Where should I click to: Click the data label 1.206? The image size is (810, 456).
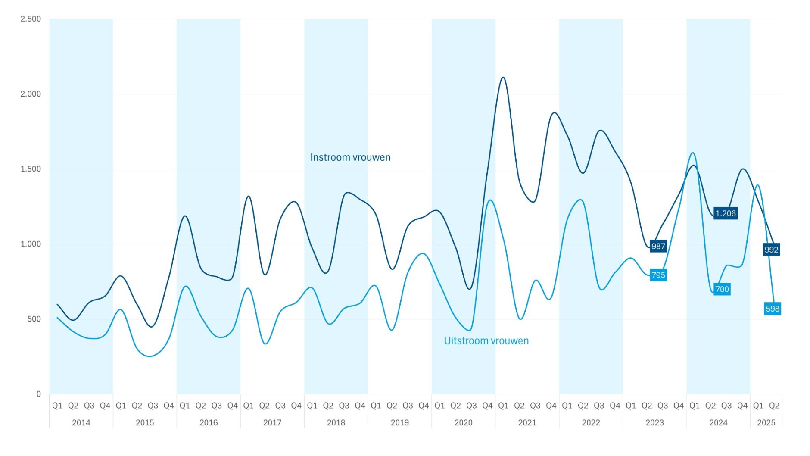click(x=726, y=213)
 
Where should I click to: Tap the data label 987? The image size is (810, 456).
click(x=658, y=246)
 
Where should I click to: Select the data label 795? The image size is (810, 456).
click(x=658, y=275)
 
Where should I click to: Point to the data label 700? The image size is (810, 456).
click(x=722, y=289)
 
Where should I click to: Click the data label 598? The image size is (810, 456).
click(x=773, y=309)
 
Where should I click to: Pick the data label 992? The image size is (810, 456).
click(x=771, y=250)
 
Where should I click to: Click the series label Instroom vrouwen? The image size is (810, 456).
click(x=350, y=157)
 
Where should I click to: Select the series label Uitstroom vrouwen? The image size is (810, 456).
click(x=486, y=341)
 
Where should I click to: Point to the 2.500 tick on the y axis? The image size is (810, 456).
click(x=31, y=19)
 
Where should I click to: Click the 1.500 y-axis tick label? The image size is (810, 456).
click(x=31, y=169)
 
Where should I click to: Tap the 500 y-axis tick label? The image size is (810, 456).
click(x=34, y=319)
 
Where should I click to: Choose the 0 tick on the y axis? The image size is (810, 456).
click(x=39, y=394)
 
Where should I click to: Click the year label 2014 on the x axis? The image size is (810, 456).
click(x=81, y=423)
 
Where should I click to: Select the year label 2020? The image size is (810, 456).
click(x=463, y=423)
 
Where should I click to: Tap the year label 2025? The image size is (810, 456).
click(x=766, y=423)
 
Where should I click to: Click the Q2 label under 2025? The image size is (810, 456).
click(x=774, y=406)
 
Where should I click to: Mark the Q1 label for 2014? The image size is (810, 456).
click(x=57, y=406)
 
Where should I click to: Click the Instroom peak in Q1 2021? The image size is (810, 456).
click(x=503, y=78)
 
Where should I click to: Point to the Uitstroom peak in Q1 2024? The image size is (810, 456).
click(x=693, y=153)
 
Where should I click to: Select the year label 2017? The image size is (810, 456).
click(x=272, y=423)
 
